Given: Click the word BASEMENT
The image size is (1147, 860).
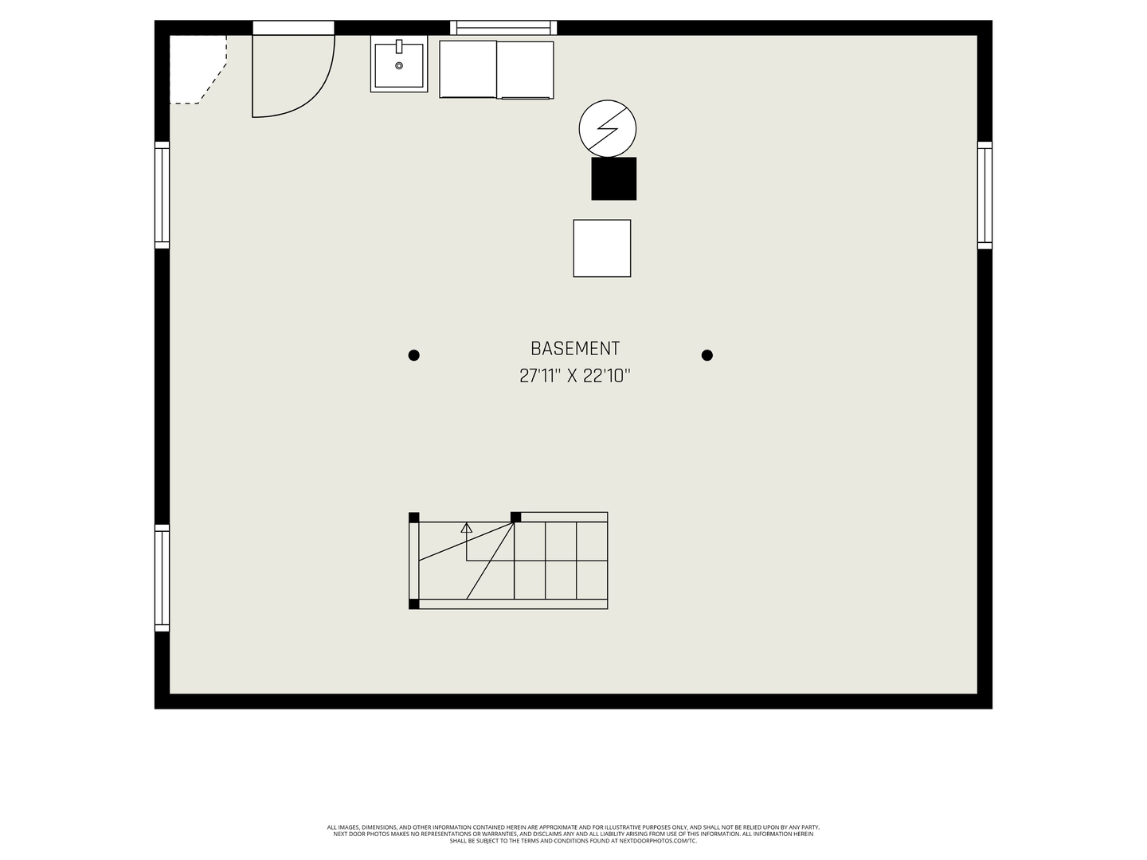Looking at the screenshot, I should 574,349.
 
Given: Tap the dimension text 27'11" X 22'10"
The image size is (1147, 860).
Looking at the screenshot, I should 574,376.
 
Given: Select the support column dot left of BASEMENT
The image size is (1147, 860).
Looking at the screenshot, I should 413,355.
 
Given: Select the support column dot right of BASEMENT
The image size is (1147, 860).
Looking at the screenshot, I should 707,355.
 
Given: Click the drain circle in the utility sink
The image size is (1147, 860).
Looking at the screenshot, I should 399,66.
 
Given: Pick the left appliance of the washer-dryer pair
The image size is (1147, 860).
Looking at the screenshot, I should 468,69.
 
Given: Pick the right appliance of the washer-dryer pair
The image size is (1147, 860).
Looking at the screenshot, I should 526,69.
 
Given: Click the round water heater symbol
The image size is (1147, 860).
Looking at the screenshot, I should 608,127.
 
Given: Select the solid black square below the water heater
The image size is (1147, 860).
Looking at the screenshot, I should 613,178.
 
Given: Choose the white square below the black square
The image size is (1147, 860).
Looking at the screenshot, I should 602,248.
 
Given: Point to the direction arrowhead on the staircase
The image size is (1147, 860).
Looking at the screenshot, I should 467,527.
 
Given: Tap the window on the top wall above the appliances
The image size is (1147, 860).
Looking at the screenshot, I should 503,28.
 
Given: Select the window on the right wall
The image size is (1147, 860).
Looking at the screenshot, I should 985,195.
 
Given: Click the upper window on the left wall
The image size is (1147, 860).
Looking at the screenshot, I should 162,195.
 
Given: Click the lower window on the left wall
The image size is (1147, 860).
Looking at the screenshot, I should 162,578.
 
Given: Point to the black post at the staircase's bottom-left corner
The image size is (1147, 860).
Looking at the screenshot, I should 413,604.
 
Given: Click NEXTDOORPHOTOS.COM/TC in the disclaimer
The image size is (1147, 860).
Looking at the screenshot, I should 657,841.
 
